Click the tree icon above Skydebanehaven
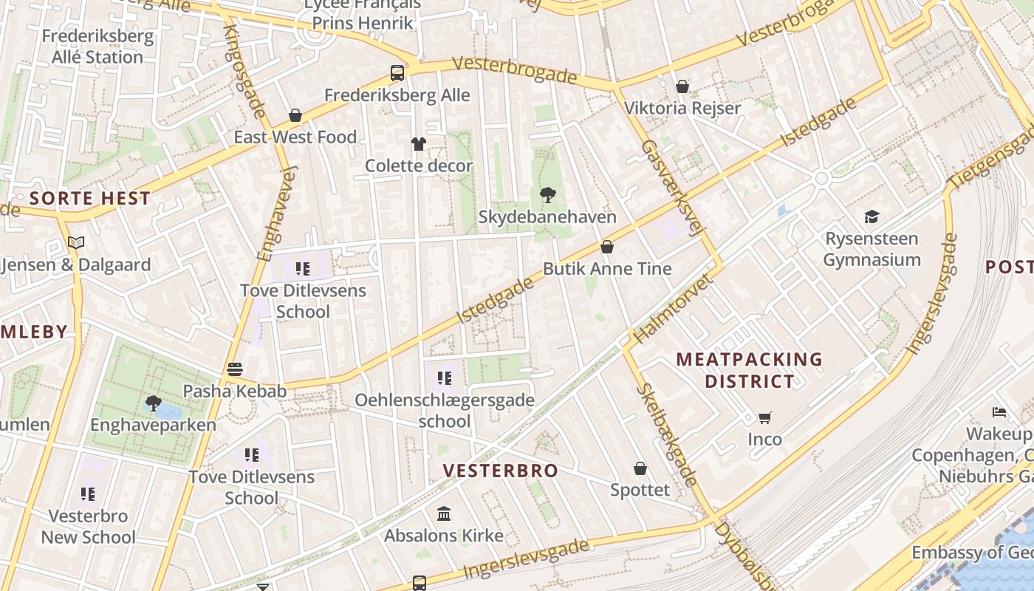[548, 195]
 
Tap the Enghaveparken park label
[153, 425]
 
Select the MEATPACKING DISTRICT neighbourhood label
[749, 370]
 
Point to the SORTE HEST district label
[90, 198]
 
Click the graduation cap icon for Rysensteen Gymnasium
[872, 216]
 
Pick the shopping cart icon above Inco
[764, 417]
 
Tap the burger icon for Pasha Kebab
[235, 369]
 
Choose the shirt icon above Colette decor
[419, 144]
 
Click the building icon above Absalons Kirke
[444, 513]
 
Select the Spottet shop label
[640, 490]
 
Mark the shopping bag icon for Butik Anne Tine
[607, 247]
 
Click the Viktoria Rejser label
[682, 108]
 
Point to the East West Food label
[295, 137]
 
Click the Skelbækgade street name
[667, 435]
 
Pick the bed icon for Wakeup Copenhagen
[999, 411]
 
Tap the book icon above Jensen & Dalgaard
[76, 242]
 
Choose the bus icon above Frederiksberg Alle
[397, 73]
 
